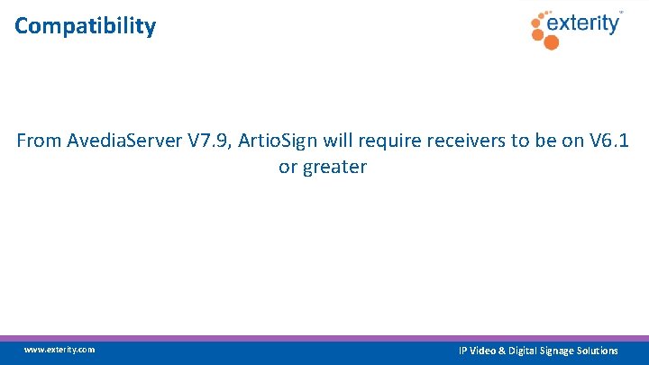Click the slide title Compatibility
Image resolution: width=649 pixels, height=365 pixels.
(x=85, y=26)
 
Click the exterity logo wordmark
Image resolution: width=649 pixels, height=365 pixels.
(x=586, y=23)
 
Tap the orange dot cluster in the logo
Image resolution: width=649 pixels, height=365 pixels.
(x=543, y=27)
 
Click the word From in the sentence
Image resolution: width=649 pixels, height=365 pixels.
(x=38, y=141)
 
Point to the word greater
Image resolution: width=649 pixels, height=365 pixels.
(x=334, y=168)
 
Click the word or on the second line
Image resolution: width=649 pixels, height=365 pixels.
(x=288, y=168)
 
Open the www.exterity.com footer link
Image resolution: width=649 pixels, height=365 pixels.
(x=59, y=350)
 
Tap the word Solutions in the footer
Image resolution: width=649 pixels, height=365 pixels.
(x=596, y=351)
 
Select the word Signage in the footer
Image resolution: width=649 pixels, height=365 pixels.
(x=553, y=351)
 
